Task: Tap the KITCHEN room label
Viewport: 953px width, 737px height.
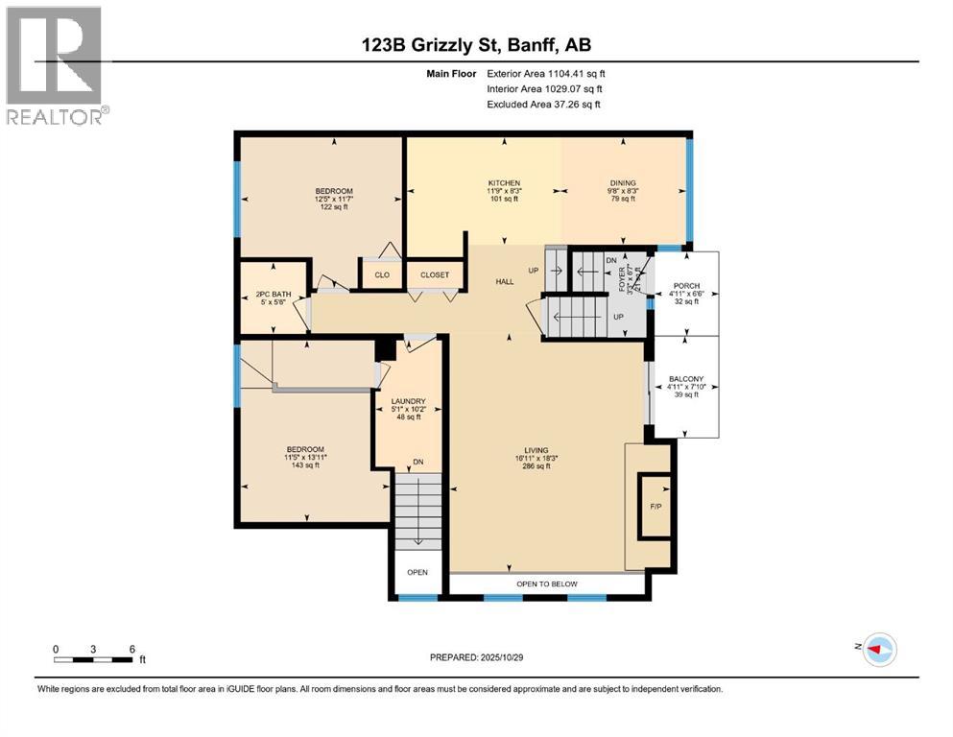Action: (x=504, y=183)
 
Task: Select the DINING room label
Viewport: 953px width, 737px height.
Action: (x=623, y=183)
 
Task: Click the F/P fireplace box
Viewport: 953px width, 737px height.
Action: (x=656, y=505)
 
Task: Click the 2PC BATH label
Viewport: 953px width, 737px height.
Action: (x=274, y=294)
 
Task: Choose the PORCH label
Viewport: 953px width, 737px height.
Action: (x=686, y=284)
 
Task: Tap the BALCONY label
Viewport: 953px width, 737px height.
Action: (x=686, y=379)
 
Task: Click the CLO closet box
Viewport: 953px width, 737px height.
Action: (x=380, y=274)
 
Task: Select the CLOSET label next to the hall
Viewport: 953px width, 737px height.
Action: (x=434, y=274)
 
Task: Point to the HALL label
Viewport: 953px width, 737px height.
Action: (x=505, y=281)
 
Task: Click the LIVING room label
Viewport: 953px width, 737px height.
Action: (x=536, y=450)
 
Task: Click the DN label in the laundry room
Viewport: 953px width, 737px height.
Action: (x=417, y=463)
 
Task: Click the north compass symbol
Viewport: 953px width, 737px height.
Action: (x=878, y=649)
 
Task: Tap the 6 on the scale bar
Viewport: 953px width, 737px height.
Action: (x=131, y=649)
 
